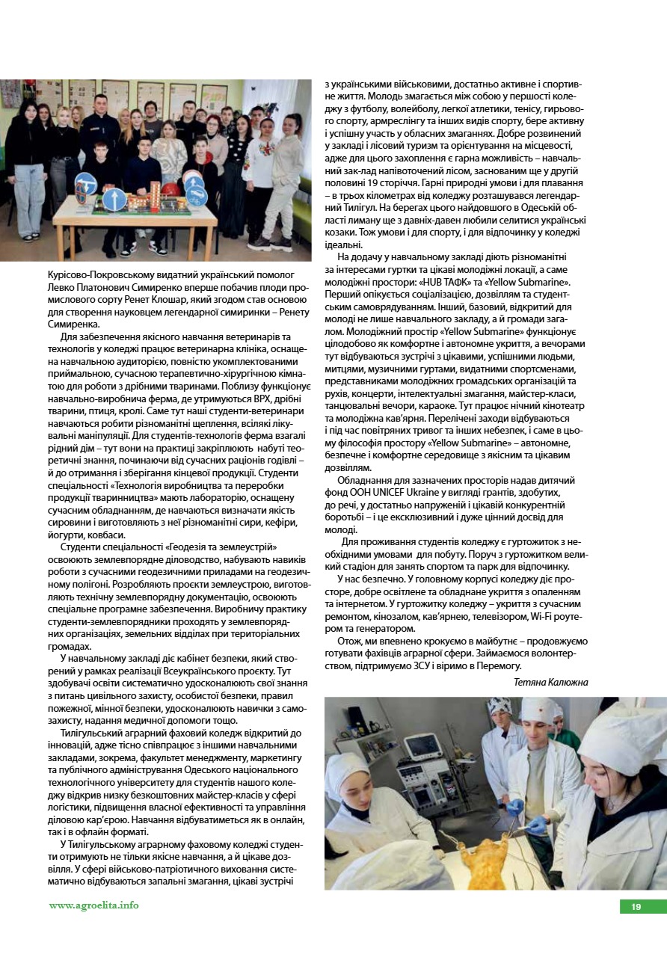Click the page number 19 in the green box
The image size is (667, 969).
(636, 907)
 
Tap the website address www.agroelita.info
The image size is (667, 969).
(93, 905)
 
